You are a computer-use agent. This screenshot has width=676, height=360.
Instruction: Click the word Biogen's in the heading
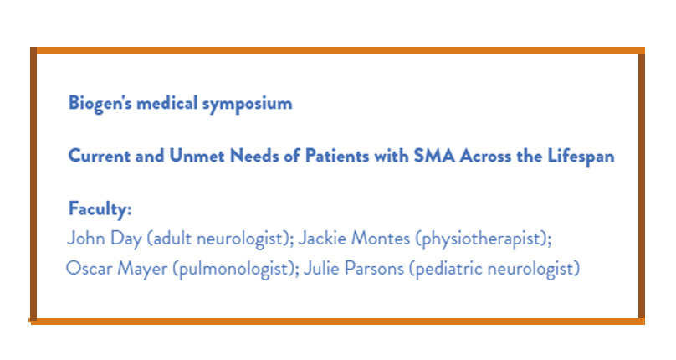(x=100, y=104)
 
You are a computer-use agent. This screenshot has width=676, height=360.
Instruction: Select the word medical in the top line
(x=166, y=103)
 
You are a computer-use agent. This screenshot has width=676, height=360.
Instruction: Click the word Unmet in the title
(x=197, y=156)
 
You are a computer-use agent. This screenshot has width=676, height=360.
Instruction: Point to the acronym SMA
(x=434, y=156)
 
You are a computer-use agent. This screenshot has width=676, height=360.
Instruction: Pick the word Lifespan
(x=581, y=157)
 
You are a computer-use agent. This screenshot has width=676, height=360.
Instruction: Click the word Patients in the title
(x=337, y=156)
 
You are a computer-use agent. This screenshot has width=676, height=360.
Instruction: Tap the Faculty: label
(x=100, y=209)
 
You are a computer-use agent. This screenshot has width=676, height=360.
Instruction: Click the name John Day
(x=105, y=239)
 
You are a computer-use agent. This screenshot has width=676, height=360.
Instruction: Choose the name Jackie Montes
(x=354, y=239)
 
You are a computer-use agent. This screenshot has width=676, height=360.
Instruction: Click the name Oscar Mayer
(x=116, y=269)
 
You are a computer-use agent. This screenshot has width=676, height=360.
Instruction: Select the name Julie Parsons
(x=354, y=269)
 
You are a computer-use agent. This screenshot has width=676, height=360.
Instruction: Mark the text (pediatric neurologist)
(x=494, y=269)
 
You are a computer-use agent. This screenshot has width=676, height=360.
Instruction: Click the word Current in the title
(x=99, y=156)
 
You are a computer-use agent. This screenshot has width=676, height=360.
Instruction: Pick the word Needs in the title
(x=254, y=156)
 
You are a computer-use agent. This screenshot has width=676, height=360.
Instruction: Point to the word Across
(x=485, y=156)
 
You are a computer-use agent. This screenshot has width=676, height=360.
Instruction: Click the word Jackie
(x=321, y=239)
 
